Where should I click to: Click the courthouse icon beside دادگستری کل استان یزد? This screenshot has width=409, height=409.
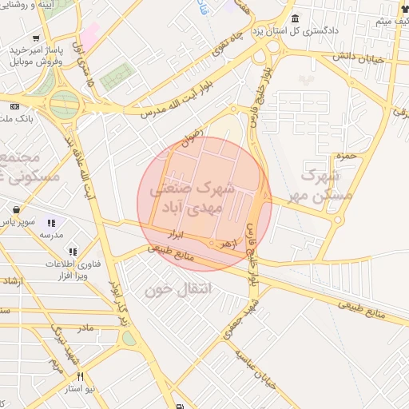click(x=296, y=19)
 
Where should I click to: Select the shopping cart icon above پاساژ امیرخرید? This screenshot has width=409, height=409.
click(x=36, y=38)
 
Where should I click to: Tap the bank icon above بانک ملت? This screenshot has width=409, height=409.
click(x=14, y=106)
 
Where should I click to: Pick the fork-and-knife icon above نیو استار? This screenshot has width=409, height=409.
click(x=80, y=375)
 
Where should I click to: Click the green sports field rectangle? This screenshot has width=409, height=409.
click(x=117, y=76)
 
